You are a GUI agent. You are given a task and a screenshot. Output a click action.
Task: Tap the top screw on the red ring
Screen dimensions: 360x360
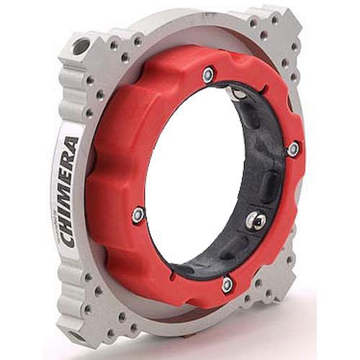click(x=208, y=73)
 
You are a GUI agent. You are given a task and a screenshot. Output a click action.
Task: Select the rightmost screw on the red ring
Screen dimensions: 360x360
click(x=293, y=149)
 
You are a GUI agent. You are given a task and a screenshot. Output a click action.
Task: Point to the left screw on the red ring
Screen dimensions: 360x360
click(x=138, y=215)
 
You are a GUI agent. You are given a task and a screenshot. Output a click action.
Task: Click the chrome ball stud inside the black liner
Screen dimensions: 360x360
click(x=254, y=221)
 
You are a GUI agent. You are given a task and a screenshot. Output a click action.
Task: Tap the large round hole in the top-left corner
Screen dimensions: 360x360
click(x=81, y=47)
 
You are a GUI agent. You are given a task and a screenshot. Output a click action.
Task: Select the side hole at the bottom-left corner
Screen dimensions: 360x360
click(x=74, y=336)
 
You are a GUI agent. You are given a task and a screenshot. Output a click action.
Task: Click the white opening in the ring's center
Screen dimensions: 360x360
click(x=194, y=173)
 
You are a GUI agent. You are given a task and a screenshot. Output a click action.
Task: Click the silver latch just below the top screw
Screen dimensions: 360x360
click(x=235, y=93)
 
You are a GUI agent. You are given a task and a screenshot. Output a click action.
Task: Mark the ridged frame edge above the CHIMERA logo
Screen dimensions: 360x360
click(x=72, y=94)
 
